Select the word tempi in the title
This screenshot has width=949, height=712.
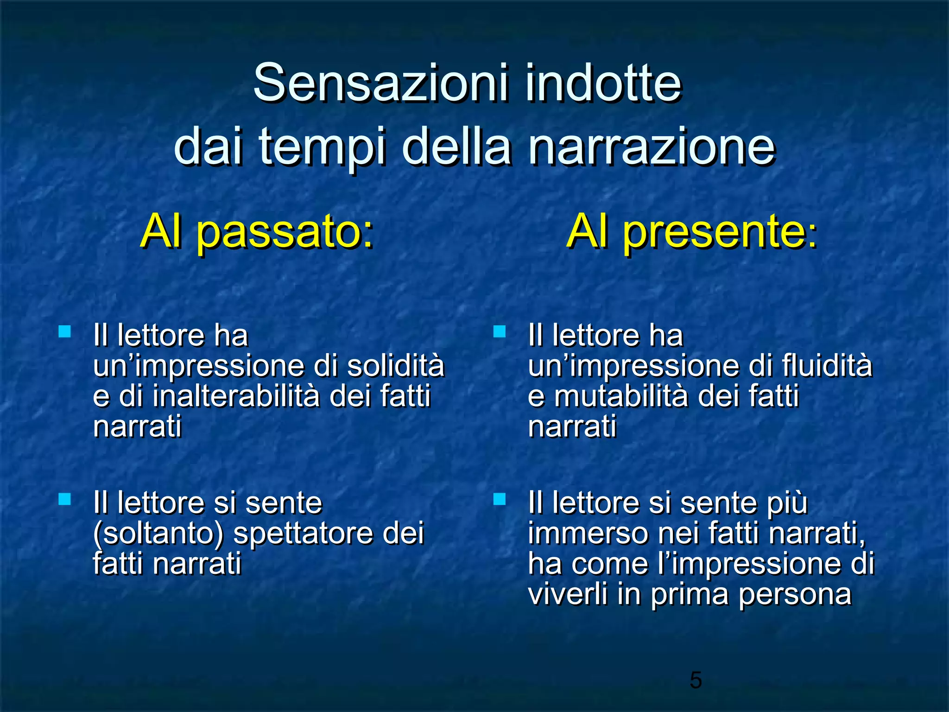pyautogui.click(x=322, y=147)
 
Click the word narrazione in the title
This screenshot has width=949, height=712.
pyautogui.click(x=652, y=147)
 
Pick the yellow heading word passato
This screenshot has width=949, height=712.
pyautogui.click(x=285, y=233)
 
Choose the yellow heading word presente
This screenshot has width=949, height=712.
pyautogui.click(x=714, y=233)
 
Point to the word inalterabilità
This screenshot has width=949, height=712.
pyautogui.click(x=236, y=396)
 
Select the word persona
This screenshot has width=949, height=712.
pyautogui.click(x=795, y=594)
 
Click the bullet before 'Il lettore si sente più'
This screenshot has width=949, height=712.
pyautogui.click(x=499, y=499)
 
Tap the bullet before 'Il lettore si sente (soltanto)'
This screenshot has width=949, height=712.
pyautogui.click(x=64, y=499)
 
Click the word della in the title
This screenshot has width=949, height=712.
pyautogui.click(x=456, y=147)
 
